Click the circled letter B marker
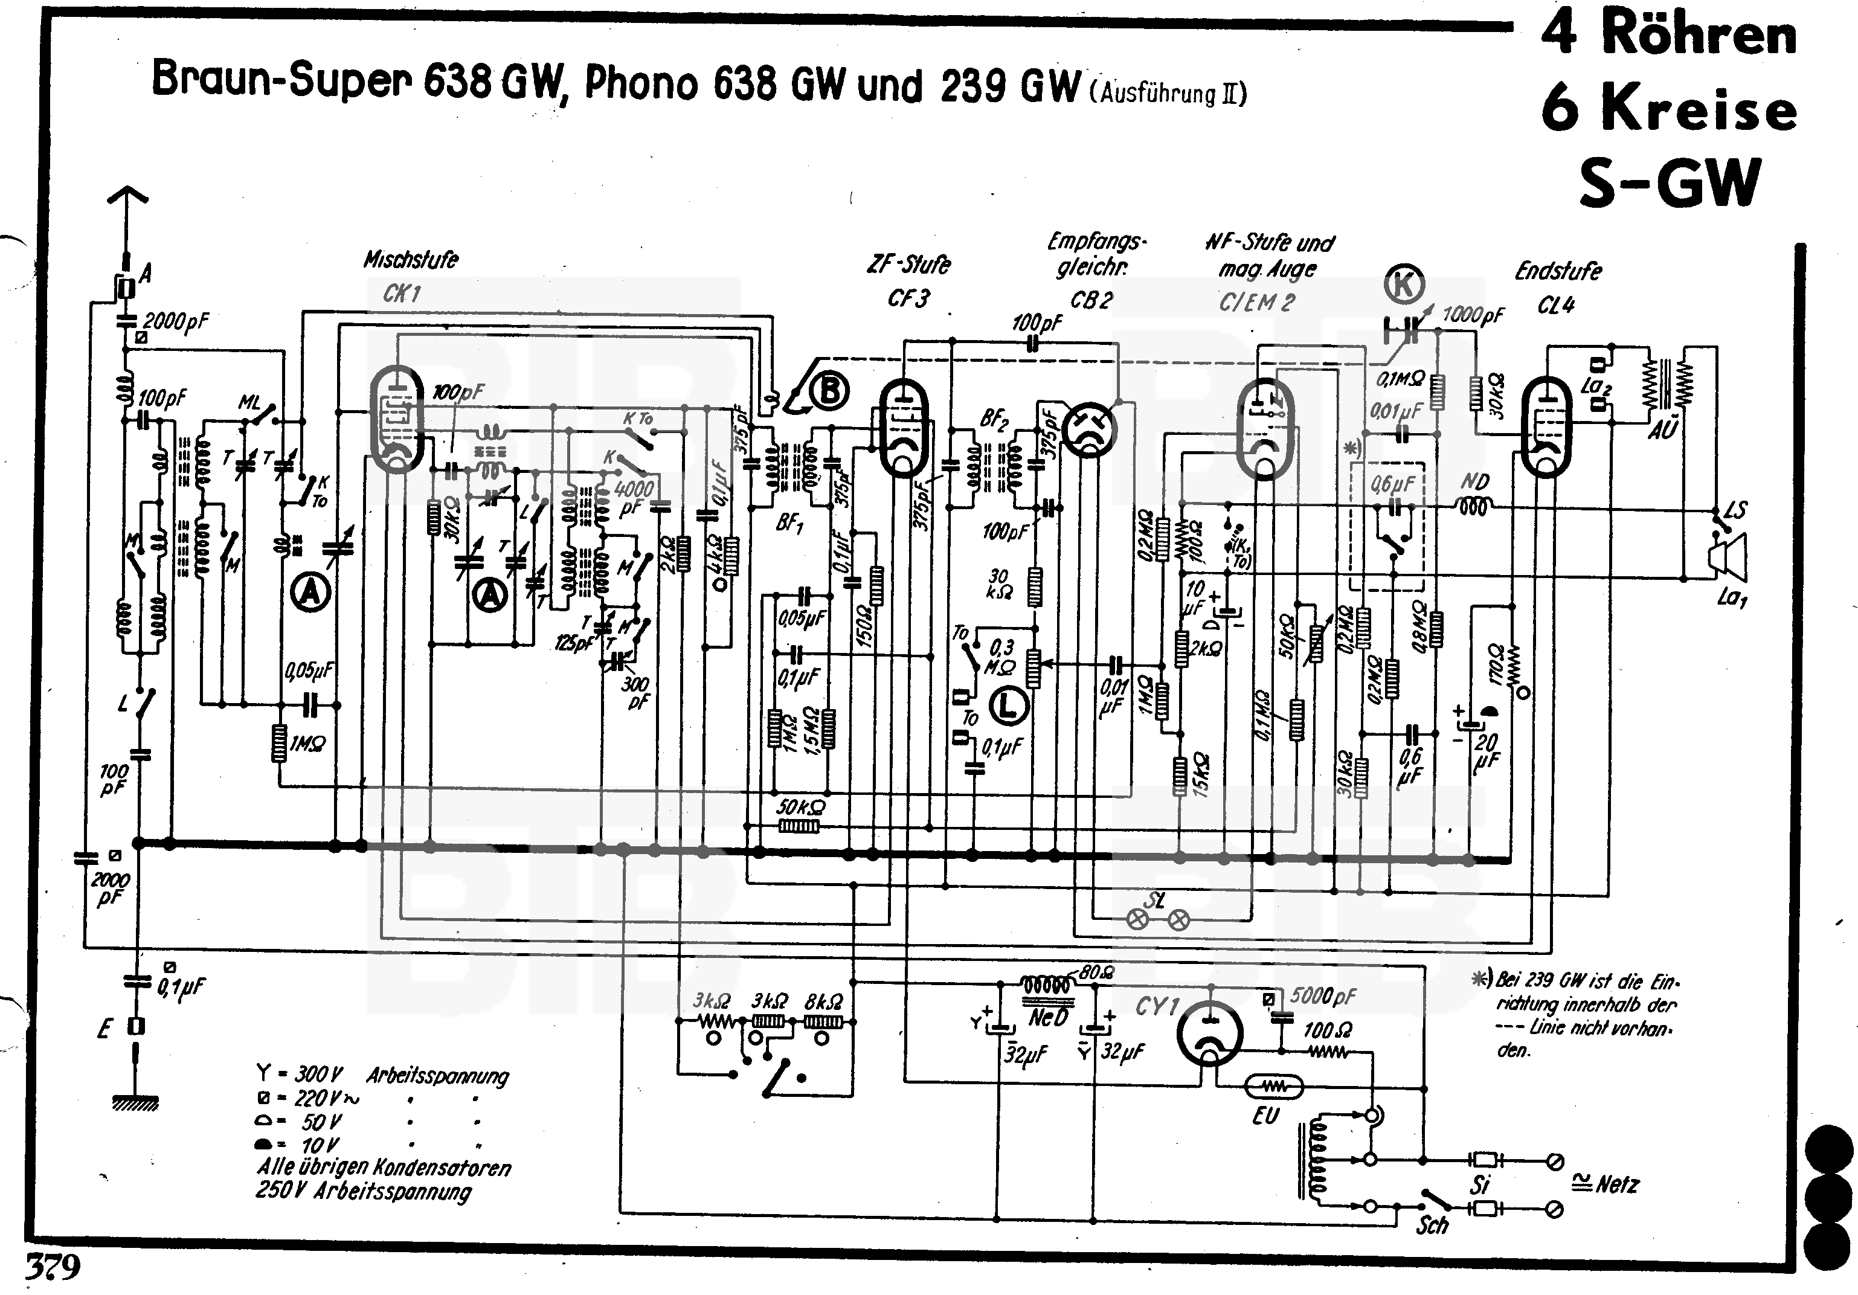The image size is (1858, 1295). point(829,392)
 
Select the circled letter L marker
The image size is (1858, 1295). point(1008,705)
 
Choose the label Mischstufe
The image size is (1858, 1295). point(410,260)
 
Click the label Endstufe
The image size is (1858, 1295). point(1558,271)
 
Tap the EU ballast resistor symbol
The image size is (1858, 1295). point(1273,1087)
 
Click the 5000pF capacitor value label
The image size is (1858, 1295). point(1323,995)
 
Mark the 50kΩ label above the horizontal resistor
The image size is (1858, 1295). point(801,807)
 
